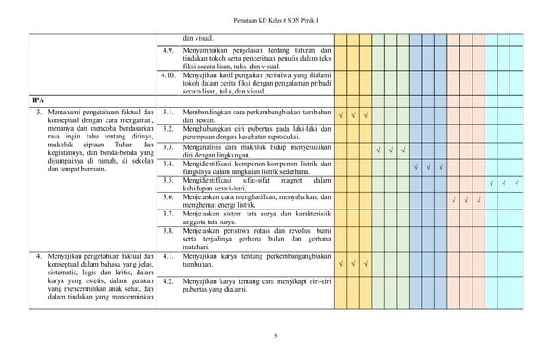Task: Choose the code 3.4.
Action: tap(170, 164)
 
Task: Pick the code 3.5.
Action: tap(170, 180)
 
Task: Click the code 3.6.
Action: tap(170, 197)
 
